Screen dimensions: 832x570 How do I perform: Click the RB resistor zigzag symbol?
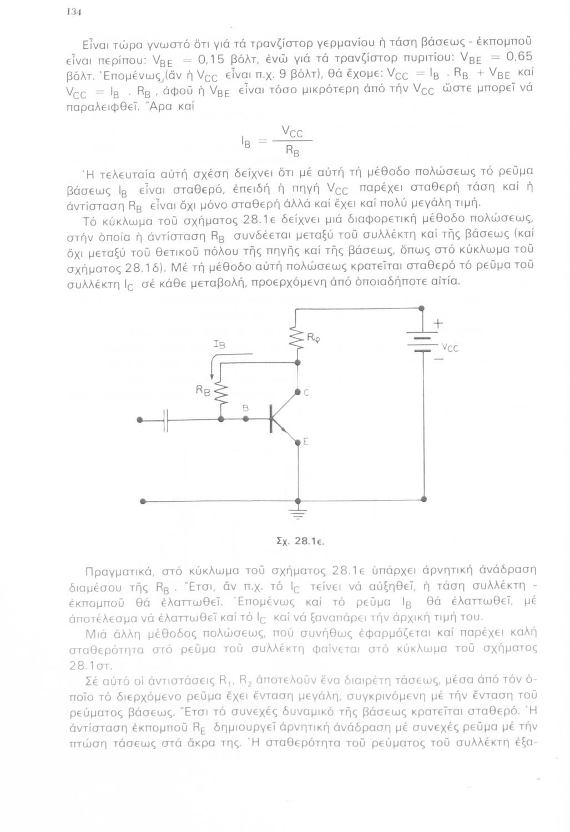[223, 394]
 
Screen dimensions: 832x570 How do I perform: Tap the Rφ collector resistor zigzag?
[299, 339]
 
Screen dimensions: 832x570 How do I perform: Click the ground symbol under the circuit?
[299, 514]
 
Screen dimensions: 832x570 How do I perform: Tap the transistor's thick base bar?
[271, 419]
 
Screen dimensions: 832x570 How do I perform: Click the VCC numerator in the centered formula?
[292, 132]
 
